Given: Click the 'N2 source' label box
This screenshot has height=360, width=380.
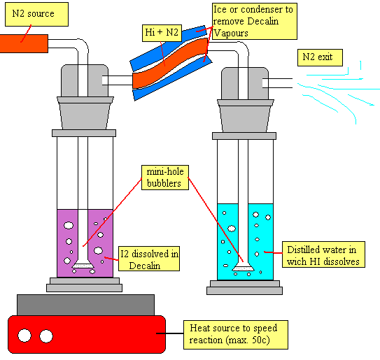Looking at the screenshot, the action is click(x=36, y=14).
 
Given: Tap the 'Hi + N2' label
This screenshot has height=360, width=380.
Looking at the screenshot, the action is click(x=162, y=33).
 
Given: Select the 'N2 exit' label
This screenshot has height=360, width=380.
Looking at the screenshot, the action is click(x=320, y=57).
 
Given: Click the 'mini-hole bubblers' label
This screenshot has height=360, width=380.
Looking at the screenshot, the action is click(x=165, y=178).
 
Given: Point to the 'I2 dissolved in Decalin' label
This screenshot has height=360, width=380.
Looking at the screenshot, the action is click(x=149, y=259).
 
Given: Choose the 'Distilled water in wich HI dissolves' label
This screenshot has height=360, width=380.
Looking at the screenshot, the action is click(x=323, y=254).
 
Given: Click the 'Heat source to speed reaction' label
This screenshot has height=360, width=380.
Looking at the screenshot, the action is click(x=236, y=335).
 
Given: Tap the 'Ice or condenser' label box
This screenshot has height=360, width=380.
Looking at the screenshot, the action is click(x=255, y=21).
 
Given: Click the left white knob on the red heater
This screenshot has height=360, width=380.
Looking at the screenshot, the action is click(x=24, y=336).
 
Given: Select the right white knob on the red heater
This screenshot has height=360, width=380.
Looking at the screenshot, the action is click(x=46, y=336).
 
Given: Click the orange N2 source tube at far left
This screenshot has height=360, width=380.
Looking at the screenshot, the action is click(x=24, y=43).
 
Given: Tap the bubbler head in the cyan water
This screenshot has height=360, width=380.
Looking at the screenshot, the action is click(x=243, y=266).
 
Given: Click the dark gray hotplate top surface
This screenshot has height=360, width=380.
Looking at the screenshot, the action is click(x=85, y=305).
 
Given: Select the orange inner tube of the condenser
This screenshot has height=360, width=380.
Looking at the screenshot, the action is click(x=170, y=63).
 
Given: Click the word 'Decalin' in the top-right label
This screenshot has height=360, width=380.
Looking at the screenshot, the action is click(x=263, y=21).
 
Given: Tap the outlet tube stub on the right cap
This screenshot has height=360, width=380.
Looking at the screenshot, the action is click(x=277, y=83).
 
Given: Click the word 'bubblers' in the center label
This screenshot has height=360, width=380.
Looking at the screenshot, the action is click(x=164, y=183).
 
